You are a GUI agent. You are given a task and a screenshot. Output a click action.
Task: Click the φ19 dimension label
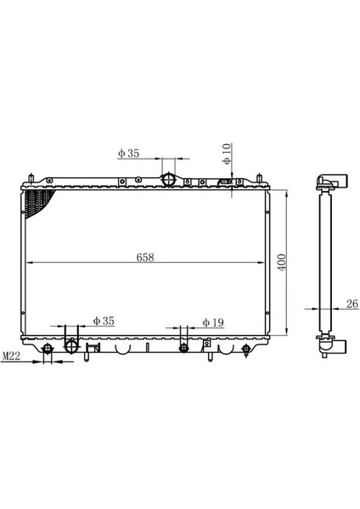tap(212, 322)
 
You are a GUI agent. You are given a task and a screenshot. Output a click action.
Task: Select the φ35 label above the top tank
tap(129, 154)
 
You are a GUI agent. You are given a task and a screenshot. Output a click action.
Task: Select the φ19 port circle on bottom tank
tap(183, 347)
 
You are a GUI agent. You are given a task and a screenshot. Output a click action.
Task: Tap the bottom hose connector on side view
tap(330, 344)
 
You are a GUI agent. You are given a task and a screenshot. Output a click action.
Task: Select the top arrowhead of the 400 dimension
tap(289, 193)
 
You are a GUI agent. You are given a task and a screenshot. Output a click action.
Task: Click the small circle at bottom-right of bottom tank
tap(246, 348)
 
